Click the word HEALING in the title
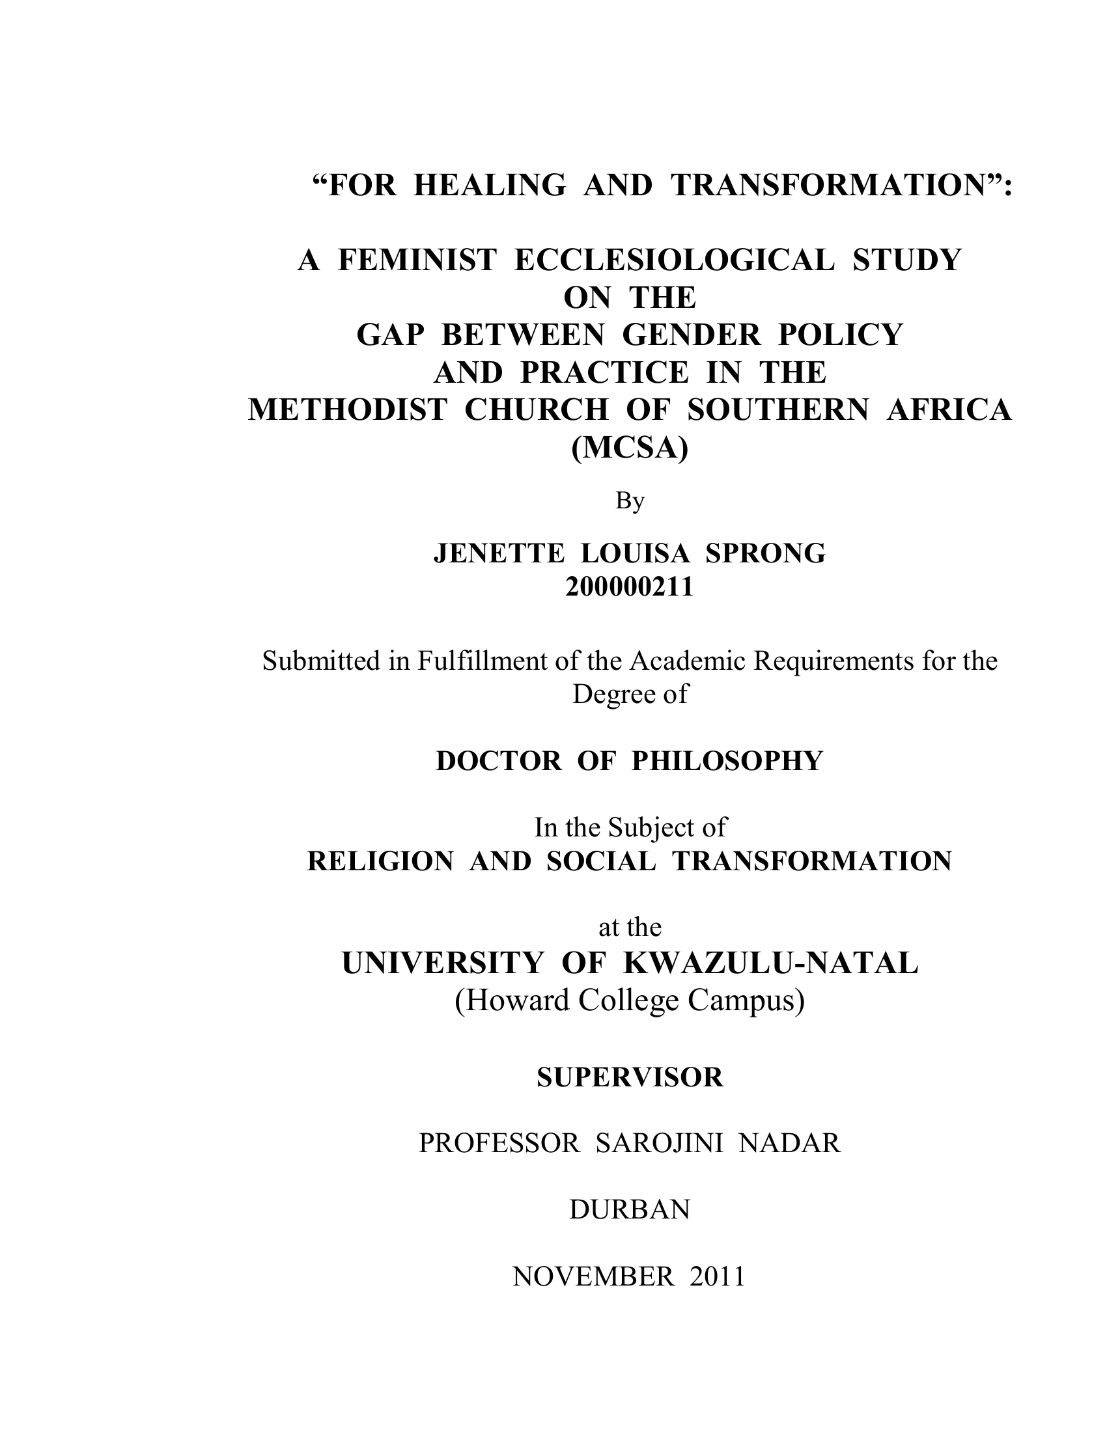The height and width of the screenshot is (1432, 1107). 489,186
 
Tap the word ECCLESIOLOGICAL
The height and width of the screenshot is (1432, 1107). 674,260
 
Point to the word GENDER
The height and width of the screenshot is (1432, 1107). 691,335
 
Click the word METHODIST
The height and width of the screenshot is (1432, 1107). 348,411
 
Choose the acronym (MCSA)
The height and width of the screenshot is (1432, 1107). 630,448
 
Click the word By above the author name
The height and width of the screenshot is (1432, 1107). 630,501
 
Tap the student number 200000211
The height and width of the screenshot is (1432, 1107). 630,587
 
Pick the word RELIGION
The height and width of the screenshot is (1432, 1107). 380,861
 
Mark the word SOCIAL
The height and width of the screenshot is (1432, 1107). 601,861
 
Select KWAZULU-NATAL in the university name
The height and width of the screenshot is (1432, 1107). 770,963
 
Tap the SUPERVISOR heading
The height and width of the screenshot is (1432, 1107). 630,1077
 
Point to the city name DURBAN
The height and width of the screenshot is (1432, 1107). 630,1211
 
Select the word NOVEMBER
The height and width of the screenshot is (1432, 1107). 593,1276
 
